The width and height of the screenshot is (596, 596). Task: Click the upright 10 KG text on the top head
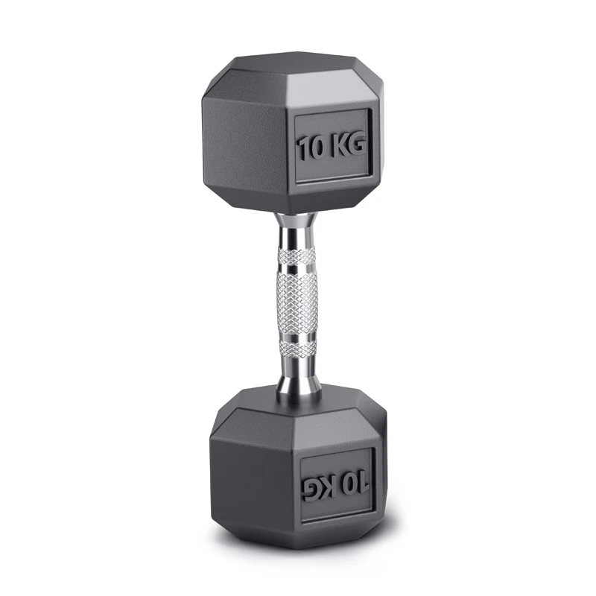332,146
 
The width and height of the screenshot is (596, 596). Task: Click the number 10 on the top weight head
312,147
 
